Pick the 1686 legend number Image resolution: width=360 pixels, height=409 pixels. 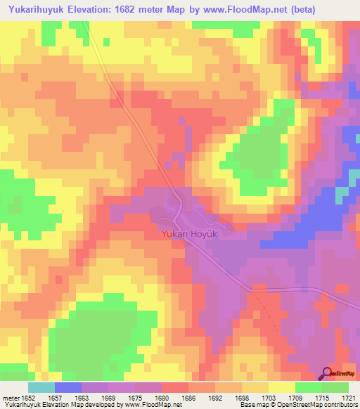tap(188, 398)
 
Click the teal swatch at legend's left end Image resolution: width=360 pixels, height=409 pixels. tap(41, 387)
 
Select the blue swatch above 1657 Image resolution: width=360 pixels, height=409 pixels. tap(68, 387)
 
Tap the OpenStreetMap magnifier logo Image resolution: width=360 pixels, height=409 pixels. tap(328, 372)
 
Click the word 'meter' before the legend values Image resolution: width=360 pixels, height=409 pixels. tap(10, 398)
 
